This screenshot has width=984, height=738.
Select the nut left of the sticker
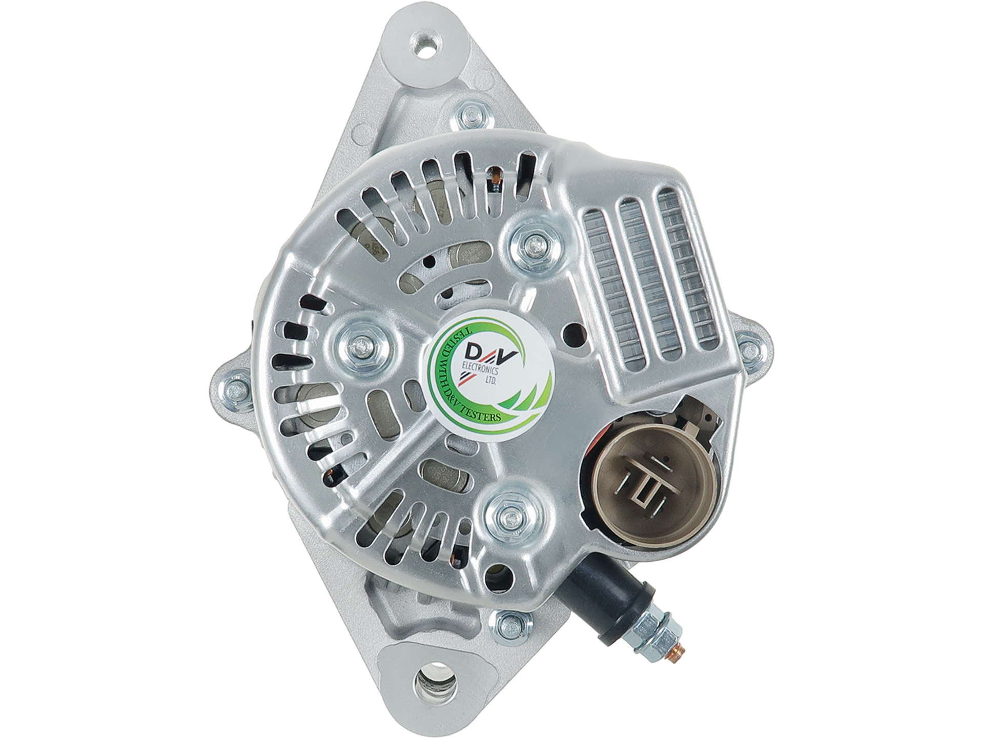click(362, 346)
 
